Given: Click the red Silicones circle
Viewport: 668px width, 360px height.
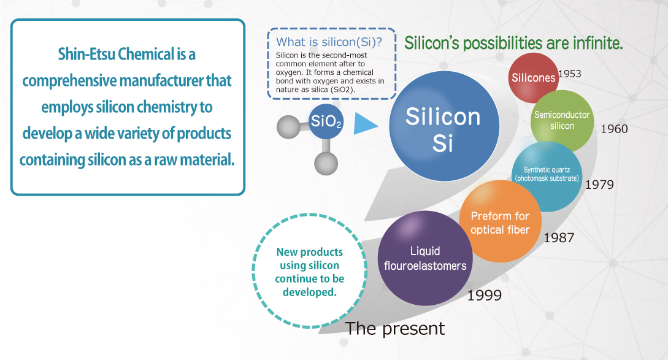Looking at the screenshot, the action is tap(533, 77).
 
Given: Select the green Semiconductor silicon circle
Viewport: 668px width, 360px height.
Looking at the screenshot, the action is tap(562, 121).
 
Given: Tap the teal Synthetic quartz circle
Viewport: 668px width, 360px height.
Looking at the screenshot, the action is tap(547, 177).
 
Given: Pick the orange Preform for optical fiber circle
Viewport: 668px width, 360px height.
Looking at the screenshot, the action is tap(500, 221).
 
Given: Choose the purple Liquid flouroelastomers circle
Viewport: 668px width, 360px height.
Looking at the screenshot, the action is tap(425, 258).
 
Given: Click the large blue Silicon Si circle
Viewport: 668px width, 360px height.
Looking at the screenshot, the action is tap(444, 126).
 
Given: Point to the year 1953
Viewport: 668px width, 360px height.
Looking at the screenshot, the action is tap(570, 74).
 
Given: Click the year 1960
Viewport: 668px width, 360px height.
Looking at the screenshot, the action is tap(614, 129).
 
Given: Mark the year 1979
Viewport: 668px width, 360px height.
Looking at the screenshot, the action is tap(599, 185).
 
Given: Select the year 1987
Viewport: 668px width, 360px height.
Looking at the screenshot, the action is tap(559, 238).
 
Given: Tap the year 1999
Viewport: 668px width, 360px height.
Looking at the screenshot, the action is tap(485, 295).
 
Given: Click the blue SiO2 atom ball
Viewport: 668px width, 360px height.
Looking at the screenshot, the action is tap(326, 121).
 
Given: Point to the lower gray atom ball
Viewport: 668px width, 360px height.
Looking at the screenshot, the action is tap(326, 163).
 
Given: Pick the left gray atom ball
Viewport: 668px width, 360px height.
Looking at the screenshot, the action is tap(288, 126).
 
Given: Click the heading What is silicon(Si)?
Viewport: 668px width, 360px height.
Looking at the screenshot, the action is tap(329, 42).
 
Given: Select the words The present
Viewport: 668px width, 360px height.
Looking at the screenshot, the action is tap(395, 329).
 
